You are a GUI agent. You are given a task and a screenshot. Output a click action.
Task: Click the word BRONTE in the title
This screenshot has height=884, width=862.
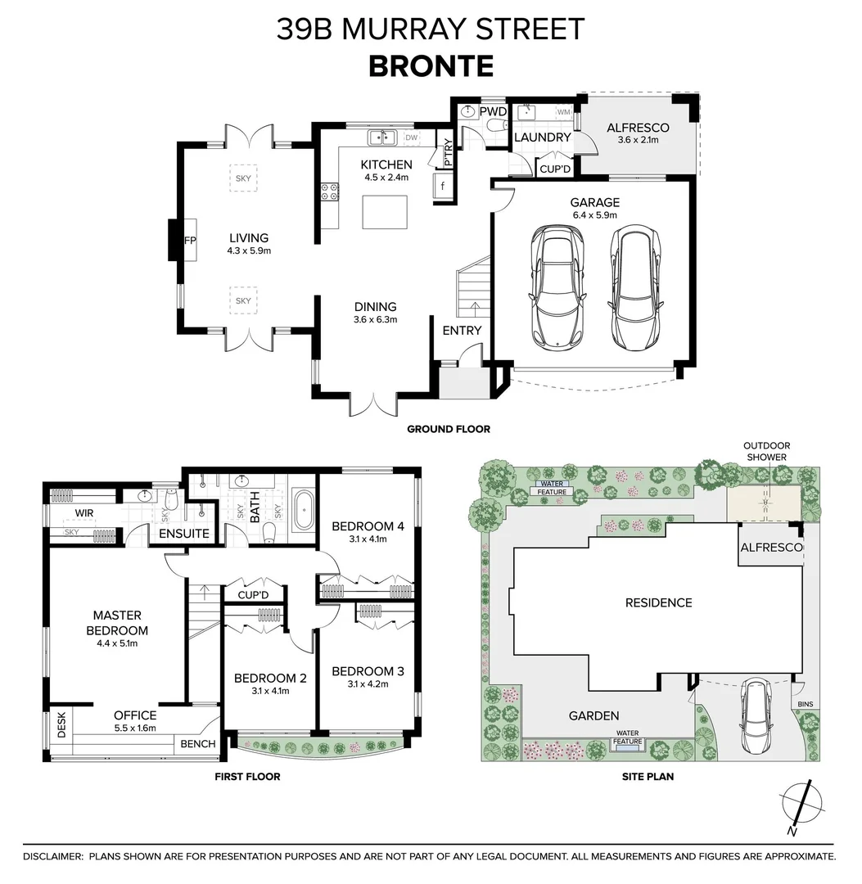(x=431, y=65)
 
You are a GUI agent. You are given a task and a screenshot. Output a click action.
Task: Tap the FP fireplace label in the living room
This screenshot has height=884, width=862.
(x=189, y=240)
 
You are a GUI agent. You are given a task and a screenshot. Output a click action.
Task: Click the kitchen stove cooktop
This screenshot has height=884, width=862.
(x=330, y=193)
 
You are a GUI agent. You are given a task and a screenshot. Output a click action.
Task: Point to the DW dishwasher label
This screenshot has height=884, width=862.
(x=411, y=138)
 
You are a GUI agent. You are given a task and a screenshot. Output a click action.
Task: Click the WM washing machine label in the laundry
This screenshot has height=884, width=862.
(x=563, y=110)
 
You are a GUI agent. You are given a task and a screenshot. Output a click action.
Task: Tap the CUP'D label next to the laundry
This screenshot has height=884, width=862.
(x=555, y=169)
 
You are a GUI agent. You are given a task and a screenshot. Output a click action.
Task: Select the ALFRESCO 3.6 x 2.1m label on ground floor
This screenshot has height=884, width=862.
(x=638, y=133)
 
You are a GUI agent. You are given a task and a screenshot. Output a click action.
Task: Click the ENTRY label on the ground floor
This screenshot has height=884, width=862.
(x=462, y=331)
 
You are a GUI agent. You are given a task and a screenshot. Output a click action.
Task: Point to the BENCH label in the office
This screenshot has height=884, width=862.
(x=197, y=744)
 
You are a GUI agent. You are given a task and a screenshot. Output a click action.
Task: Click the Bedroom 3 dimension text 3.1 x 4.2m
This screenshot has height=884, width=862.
(x=368, y=684)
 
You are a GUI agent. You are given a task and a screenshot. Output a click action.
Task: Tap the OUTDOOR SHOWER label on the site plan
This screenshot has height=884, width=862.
(x=765, y=451)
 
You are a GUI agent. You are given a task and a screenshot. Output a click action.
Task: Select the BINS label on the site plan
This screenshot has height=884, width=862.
(x=806, y=703)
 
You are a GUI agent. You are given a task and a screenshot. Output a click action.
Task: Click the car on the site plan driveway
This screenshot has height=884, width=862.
(x=753, y=718)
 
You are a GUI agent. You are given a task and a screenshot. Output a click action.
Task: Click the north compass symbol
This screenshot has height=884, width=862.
(x=798, y=806)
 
